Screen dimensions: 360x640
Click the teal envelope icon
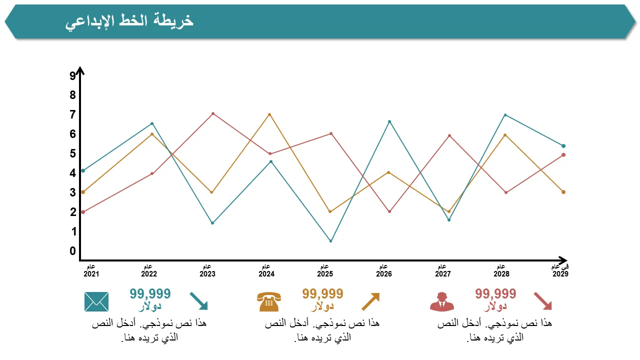tap(96, 301)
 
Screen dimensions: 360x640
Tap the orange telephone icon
tap(269, 302)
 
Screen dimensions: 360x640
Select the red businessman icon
tap(441, 302)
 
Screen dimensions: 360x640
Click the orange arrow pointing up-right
tap(370, 301)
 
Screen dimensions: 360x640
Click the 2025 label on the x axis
tap(325, 274)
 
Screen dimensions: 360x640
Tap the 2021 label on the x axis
tap(91, 274)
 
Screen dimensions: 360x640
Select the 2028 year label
tap(501, 274)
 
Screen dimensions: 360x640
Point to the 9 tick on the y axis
tap(73, 76)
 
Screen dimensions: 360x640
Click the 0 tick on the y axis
tap(73, 251)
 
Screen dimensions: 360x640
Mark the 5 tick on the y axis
tap(73, 153)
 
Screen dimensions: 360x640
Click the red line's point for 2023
tap(213, 114)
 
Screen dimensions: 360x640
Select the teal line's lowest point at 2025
tap(330, 241)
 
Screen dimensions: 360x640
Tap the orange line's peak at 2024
tap(269, 114)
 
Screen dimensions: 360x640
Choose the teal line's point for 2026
tap(389, 121)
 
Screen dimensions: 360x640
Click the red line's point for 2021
tap(83, 212)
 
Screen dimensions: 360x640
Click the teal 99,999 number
tap(150, 293)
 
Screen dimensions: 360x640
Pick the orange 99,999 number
tap(322, 293)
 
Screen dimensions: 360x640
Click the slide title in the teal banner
tap(129, 21)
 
